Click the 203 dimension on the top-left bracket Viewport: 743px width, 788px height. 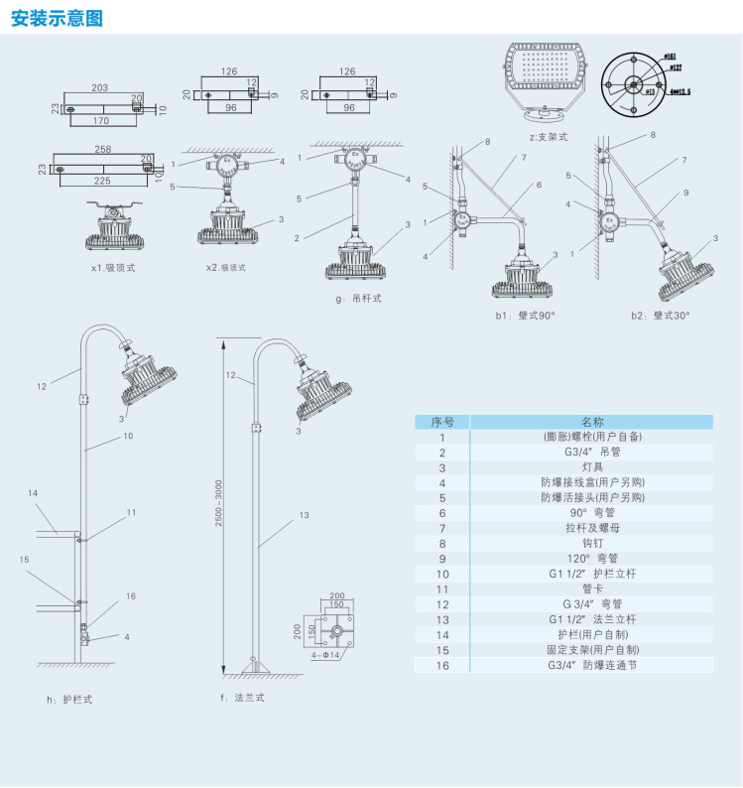100,87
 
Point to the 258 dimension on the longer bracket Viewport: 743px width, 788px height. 102,148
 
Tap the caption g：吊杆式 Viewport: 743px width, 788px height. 359,298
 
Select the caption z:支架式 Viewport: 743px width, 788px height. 549,136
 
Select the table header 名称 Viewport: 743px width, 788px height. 592,422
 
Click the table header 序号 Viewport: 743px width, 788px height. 442,422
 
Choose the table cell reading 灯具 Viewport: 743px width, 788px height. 592,466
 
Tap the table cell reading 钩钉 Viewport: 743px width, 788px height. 592,543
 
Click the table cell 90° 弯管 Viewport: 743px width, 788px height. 592,512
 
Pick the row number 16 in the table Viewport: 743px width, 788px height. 442,665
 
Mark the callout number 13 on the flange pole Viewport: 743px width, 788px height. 304,515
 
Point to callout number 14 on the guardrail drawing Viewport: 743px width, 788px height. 33,493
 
